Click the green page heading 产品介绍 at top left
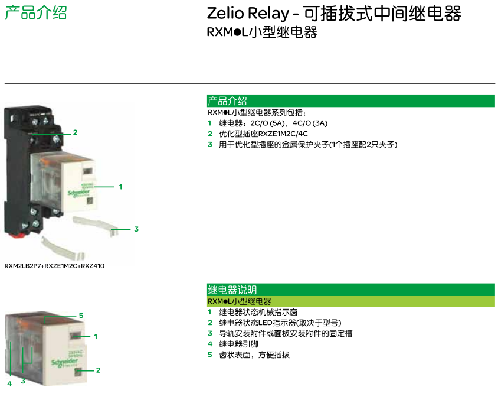click(x=36, y=13)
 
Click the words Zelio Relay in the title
click(x=248, y=14)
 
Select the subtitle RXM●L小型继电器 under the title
click(x=262, y=32)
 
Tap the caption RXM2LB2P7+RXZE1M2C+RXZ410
click(x=54, y=266)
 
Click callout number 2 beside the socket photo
click(x=76, y=132)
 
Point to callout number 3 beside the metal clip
click(x=136, y=229)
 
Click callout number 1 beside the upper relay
click(x=120, y=187)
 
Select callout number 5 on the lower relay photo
click(x=81, y=316)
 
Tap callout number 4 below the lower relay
click(x=9, y=384)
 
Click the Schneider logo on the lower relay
click(x=64, y=362)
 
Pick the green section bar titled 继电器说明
click(x=350, y=290)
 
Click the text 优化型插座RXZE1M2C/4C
click(x=263, y=134)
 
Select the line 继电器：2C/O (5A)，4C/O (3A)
click(x=273, y=123)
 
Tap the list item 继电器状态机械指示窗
click(x=258, y=312)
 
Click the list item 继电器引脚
click(x=238, y=344)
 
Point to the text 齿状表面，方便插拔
click(x=254, y=355)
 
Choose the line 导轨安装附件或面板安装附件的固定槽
click(x=286, y=334)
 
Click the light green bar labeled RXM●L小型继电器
click(x=350, y=301)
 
